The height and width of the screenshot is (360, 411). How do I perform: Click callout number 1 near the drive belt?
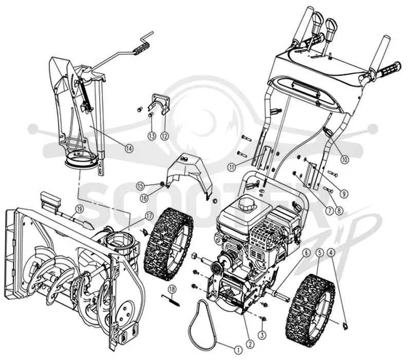238,350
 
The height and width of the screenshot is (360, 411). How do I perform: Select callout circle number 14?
129,149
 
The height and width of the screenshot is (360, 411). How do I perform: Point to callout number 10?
344,159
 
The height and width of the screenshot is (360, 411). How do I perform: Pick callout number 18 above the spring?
172,290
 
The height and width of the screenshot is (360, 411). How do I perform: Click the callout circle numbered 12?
164,136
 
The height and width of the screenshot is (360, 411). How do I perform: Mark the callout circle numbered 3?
262,335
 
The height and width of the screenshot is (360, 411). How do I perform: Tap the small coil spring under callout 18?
171,300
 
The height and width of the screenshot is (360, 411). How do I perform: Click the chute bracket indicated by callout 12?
159,103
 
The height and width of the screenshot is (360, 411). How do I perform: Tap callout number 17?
149,216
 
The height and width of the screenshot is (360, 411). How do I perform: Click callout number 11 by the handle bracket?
231,167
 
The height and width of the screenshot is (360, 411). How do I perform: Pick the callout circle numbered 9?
344,194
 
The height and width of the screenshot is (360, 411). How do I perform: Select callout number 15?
140,186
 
